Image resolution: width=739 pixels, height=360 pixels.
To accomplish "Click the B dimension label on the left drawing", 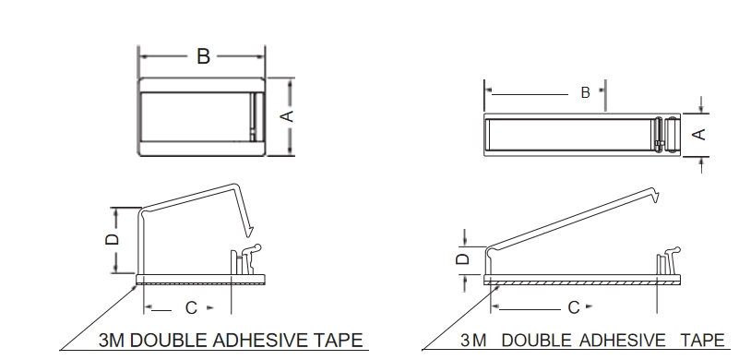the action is [203, 56].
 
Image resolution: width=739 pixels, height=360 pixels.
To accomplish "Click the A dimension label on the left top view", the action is [287, 116].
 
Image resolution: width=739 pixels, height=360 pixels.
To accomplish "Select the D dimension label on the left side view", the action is [113, 239].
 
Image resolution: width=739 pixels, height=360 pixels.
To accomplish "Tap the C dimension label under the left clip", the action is [191, 308].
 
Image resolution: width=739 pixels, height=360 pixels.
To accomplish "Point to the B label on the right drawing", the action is [585, 93].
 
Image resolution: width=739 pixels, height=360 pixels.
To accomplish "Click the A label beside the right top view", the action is [700, 135].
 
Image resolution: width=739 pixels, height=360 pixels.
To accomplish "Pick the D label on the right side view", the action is [464, 258].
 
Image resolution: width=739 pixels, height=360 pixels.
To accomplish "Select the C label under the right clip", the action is [574, 307].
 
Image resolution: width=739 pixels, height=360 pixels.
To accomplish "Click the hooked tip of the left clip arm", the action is [249, 232].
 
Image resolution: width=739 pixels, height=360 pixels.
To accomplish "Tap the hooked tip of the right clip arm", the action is [655, 196].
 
